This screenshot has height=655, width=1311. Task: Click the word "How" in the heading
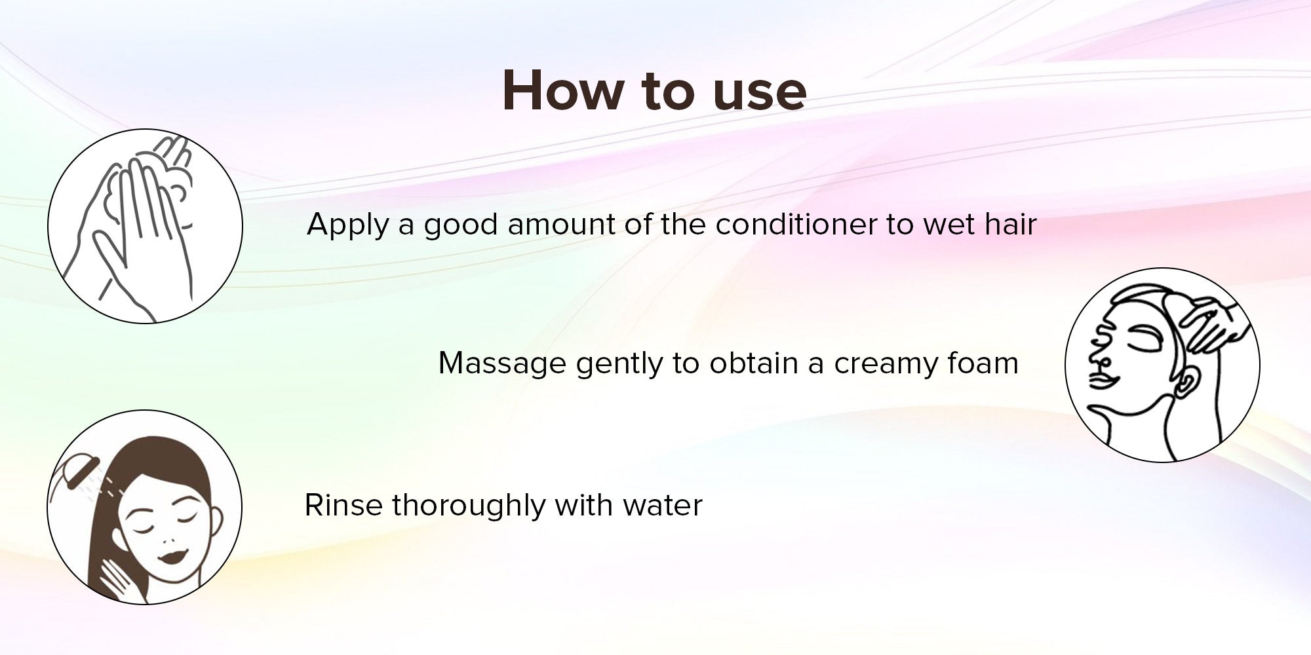click(x=561, y=91)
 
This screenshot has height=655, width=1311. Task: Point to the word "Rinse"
click(x=343, y=506)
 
